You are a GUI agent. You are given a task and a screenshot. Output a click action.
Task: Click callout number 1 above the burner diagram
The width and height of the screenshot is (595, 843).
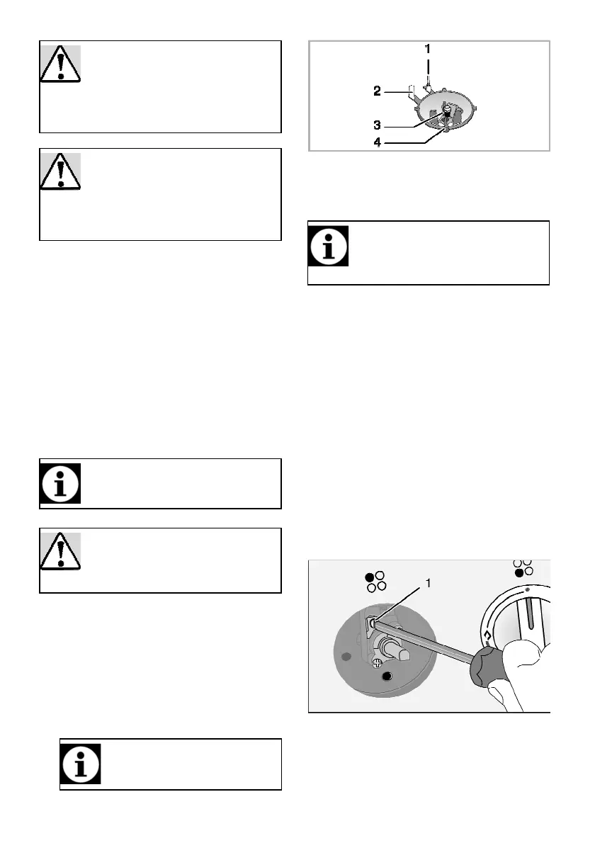[x=428, y=50]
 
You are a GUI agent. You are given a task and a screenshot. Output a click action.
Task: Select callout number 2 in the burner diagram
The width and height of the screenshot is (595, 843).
[x=378, y=91]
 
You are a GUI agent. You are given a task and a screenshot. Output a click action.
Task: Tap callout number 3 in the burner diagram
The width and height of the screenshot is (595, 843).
[x=378, y=125]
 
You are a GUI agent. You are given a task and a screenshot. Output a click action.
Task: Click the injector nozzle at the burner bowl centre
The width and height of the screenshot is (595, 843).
[x=446, y=111]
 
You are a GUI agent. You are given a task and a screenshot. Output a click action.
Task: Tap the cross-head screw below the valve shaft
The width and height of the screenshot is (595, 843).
[x=378, y=662]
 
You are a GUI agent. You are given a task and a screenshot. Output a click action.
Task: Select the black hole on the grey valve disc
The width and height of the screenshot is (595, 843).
[x=387, y=677]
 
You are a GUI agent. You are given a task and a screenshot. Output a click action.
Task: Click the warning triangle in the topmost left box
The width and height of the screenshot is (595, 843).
[x=60, y=64]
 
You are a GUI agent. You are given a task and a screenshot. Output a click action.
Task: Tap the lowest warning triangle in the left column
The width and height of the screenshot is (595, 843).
[x=60, y=551]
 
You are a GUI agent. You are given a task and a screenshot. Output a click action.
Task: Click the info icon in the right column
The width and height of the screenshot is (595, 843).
[x=328, y=246]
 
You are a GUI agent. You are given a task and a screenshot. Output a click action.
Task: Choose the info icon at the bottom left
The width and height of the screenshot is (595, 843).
[x=80, y=764]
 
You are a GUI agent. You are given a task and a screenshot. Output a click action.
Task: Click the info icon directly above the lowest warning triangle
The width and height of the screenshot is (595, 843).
[x=60, y=484]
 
